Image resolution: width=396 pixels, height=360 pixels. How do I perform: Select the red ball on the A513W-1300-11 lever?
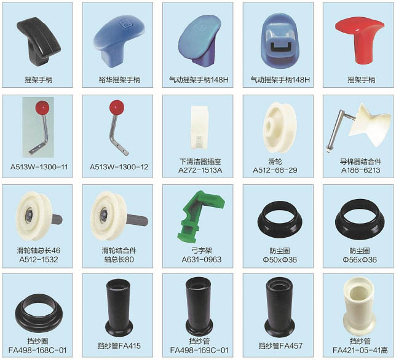[x=42, y=108]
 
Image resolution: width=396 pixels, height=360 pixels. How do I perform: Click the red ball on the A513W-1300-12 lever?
[x=117, y=107]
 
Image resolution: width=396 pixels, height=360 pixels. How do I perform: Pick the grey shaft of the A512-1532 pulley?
[x=57, y=219]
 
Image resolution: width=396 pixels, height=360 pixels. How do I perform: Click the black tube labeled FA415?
[x=119, y=307]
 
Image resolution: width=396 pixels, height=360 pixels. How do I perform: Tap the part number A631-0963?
[x=202, y=259]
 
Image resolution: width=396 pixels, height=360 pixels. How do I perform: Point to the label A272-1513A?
[x=200, y=170]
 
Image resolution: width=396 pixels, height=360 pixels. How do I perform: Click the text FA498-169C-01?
[x=199, y=350]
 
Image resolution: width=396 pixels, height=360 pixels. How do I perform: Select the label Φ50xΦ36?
[x=280, y=260]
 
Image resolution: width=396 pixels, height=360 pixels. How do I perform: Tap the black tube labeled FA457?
[x=280, y=307]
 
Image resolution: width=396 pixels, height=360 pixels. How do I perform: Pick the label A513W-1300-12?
[x=119, y=166]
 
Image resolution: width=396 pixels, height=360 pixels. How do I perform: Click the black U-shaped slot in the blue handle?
[x=281, y=47]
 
